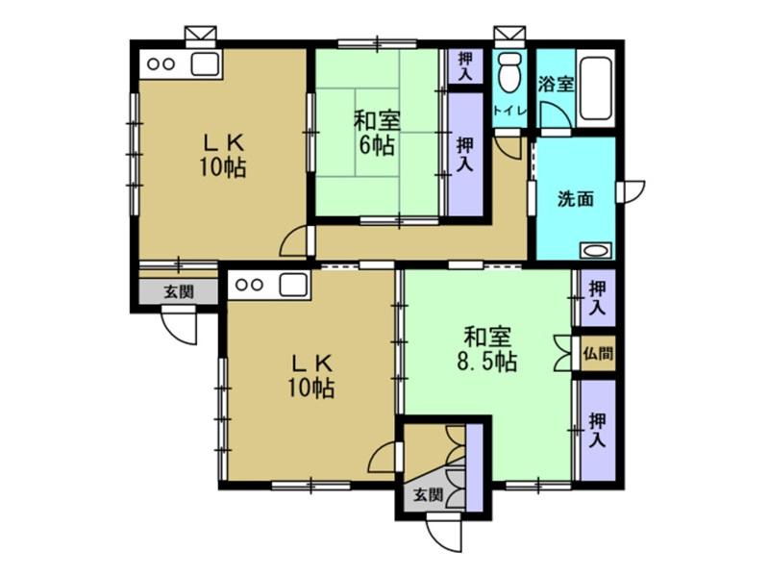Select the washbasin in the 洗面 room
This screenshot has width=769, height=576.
point(596,250)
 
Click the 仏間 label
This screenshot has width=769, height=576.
point(598,353)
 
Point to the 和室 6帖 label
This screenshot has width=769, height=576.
point(377,133)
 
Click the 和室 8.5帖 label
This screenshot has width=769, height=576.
point(486,349)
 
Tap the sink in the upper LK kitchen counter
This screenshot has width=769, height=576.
point(205,64)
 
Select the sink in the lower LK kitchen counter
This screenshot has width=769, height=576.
point(293,284)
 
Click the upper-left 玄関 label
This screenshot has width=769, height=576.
point(178,292)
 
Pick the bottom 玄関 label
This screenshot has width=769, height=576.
point(428,494)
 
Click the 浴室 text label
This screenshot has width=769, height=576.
point(556,85)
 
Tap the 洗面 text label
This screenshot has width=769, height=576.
point(576,199)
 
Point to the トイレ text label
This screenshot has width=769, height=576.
point(510,110)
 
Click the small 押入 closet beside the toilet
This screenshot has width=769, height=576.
point(465,66)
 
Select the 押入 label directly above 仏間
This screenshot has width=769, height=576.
point(597,298)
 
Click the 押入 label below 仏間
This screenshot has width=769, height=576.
point(597,430)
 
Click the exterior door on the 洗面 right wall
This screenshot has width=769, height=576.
point(631,191)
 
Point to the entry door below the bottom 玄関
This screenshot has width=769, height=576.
point(444,534)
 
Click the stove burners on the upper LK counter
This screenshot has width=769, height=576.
point(161,64)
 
